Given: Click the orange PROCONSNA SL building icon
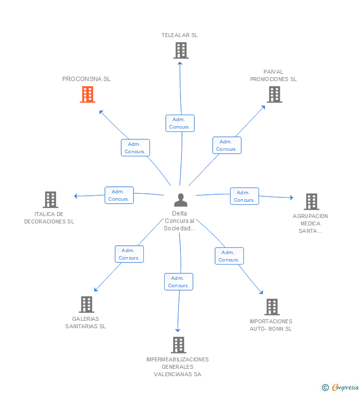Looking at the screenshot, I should [x=88, y=94].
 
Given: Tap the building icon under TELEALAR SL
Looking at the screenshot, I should [x=181, y=50].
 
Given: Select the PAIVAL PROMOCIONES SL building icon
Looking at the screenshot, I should [x=274, y=94].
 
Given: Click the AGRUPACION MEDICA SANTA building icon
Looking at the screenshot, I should [x=311, y=202].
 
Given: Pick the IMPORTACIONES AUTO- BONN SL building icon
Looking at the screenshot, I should [x=271, y=307].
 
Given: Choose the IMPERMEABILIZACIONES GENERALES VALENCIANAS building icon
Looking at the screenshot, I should [x=178, y=345].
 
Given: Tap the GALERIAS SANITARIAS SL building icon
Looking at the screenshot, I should [x=86, y=305].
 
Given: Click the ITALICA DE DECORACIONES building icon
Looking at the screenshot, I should [x=50, y=200].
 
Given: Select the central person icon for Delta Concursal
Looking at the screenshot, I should [x=180, y=200].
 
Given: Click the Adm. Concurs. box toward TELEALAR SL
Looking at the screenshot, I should [x=180, y=123].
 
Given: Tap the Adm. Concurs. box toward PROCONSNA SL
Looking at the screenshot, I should [x=135, y=148].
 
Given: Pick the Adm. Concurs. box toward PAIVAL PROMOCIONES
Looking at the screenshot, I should [x=227, y=145].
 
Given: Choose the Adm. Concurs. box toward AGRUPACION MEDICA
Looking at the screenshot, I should [x=244, y=196].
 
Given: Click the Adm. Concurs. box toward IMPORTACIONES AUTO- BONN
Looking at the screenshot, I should [x=229, y=256].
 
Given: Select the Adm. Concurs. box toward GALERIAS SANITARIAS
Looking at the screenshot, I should [x=129, y=254].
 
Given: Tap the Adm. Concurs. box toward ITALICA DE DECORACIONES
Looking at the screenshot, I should [x=119, y=195].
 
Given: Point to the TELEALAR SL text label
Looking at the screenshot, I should [x=180, y=35].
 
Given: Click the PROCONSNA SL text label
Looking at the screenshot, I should [x=87, y=79].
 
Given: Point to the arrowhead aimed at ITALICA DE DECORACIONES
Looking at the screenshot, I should [x=76, y=196].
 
